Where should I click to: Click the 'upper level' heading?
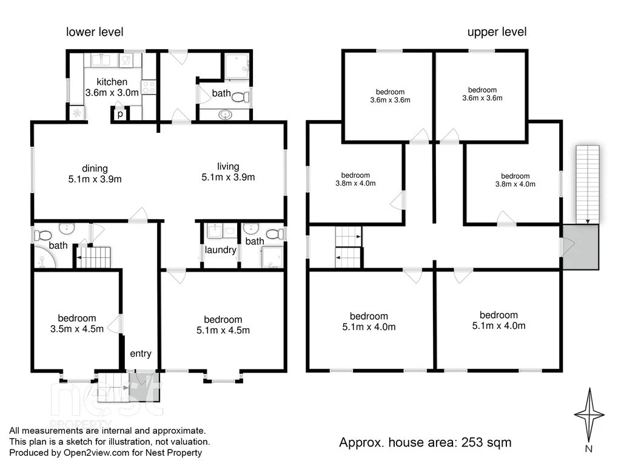tap(497, 32)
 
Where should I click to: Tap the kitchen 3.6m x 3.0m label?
tap(112, 87)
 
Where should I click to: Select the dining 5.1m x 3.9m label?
tap(95, 174)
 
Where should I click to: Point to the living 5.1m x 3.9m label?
tap(228, 172)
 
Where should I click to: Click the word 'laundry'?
tap(220, 249)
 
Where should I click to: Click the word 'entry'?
tap(141, 354)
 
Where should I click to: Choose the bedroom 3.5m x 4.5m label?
tap(76, 323)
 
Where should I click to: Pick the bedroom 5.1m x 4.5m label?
tap(223, 325)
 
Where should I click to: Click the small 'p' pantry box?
tap(119, 113)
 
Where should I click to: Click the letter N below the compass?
tap(588, 448)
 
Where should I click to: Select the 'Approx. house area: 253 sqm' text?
tap(425, 442)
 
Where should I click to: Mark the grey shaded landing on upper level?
tap(580, 246)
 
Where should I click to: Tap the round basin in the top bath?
tap(226, 115)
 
